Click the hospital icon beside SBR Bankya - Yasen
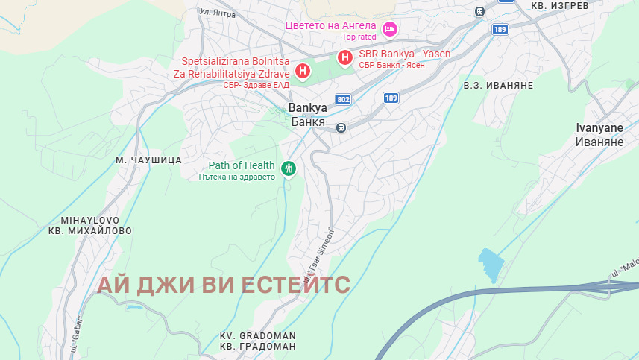345,57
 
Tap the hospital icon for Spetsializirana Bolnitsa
303,72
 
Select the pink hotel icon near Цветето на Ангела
388,29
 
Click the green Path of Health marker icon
288,169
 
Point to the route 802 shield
343,99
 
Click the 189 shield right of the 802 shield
391,98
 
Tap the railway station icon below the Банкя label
341,127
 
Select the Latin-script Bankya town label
307,108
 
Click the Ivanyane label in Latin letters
599,128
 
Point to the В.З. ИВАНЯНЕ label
498,85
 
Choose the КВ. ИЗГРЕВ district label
559,5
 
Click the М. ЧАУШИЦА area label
149,160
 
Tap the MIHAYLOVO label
89,221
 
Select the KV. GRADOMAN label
258,335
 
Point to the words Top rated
359,37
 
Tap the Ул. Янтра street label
218,13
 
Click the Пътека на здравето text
237,177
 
